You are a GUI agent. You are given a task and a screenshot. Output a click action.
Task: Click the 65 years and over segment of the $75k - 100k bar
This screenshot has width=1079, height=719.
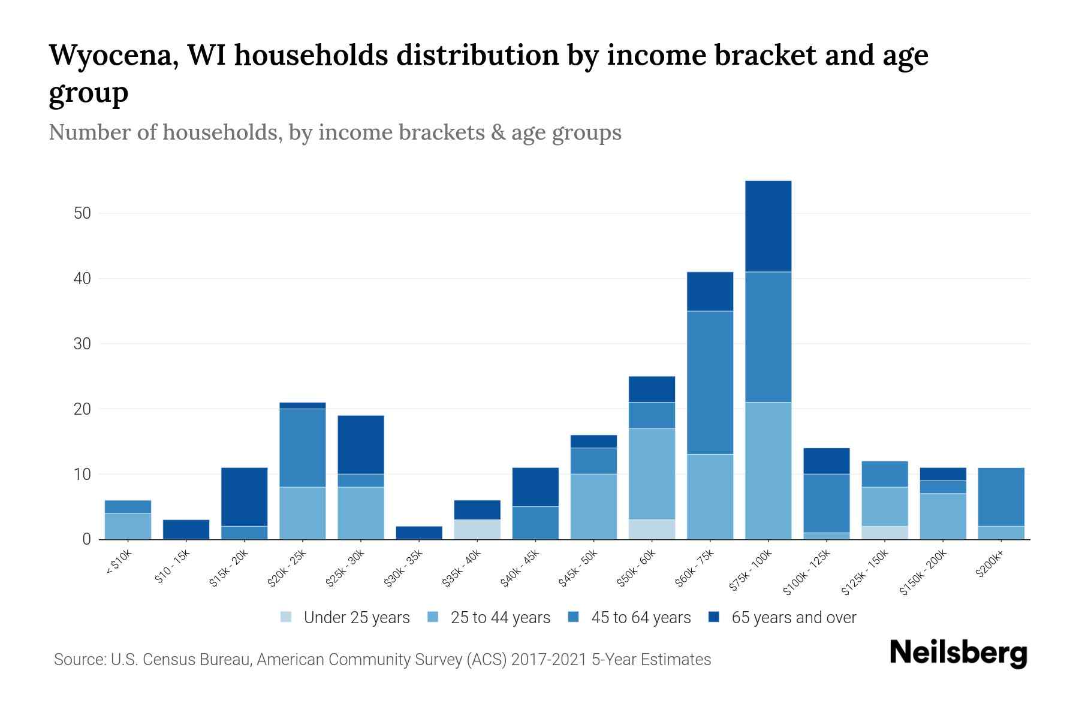pos(768,226)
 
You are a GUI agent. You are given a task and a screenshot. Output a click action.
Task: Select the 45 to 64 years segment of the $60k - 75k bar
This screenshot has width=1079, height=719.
pos(710,382)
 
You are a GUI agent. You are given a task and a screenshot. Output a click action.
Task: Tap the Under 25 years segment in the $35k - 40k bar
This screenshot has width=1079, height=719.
pos(477,529)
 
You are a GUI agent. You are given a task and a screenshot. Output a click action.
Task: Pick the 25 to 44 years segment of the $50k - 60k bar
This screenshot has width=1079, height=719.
pos(652,473)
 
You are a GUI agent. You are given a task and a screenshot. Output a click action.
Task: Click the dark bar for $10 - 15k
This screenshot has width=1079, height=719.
pos(186,529)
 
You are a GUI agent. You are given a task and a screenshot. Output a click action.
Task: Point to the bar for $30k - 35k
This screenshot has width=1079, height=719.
pos(419,533)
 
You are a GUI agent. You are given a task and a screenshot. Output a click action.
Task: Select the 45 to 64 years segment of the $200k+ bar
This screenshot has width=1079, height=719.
pos(1000,497)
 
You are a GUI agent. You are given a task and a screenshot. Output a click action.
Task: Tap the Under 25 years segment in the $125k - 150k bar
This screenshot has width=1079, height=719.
pos(884,533)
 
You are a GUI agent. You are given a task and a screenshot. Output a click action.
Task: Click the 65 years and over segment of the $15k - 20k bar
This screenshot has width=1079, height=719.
pos(245,497)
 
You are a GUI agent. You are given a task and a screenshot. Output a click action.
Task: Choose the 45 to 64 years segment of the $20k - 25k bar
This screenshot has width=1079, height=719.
pos(303,448)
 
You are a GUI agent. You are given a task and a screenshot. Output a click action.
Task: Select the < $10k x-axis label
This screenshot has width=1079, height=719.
pos(119,563)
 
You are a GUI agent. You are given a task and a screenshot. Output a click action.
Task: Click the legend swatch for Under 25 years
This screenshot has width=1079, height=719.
pos(287,617)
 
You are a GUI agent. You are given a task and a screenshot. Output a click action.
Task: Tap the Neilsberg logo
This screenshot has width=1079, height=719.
pos(958,653)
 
